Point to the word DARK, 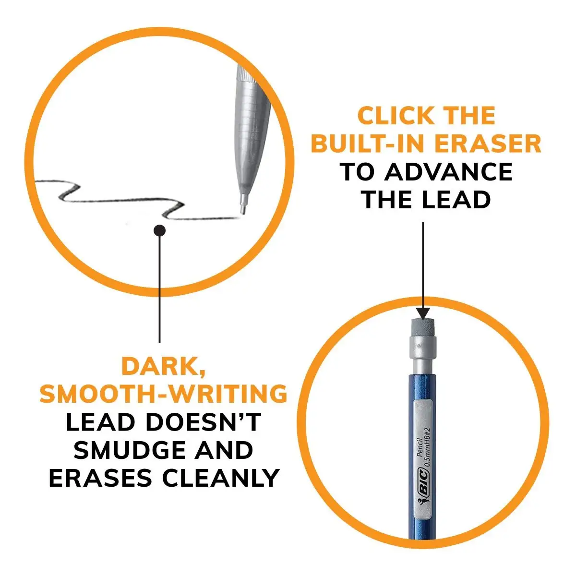(x=163, y=367)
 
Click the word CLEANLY (x=220, y=479)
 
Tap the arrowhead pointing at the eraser (x=422, y=313)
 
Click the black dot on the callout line (x=159, y=231)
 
